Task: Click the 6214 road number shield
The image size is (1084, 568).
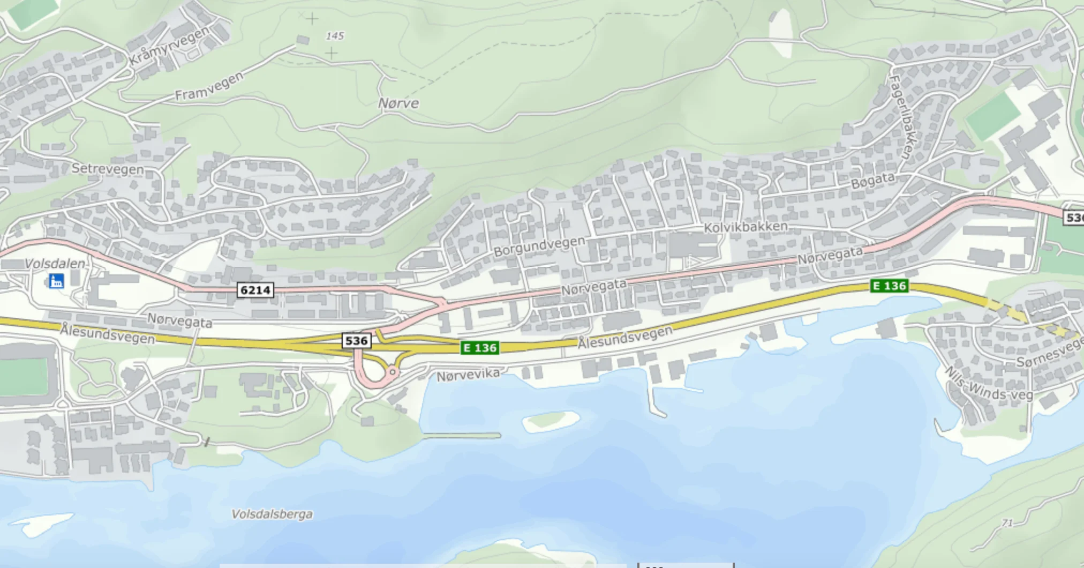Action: [x=255, y=290]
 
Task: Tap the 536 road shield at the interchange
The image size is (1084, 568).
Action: [x=356, y=341]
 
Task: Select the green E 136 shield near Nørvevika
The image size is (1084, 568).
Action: [x=480, y=348]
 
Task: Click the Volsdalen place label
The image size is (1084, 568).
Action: [x=55, y=264]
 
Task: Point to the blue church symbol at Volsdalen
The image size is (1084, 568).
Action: [x=56, y=281]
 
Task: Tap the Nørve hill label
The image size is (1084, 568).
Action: [x=398, y=103]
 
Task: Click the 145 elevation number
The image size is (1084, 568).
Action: [x=335, y=36]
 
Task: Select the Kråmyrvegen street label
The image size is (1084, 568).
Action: [x=169, y=46]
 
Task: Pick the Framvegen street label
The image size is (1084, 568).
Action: [x=209, y=87]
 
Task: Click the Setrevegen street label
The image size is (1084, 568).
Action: [x=108, y=169]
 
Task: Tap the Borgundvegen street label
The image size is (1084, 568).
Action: [x=539, y=246]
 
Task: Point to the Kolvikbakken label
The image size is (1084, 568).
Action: [x=746, y=227]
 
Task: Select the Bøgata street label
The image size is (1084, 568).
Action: [x=872, y=181]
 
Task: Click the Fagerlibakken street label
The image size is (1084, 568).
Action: [x=903, y=117]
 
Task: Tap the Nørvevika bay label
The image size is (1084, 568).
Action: [x=468, y=375]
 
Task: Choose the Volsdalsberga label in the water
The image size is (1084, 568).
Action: [x=272, y=514]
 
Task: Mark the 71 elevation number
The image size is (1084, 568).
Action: [x=1007, y=523]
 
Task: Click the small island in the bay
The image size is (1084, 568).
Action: [x=551, y=420]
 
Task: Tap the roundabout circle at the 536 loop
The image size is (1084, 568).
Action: [x=393, y=371]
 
